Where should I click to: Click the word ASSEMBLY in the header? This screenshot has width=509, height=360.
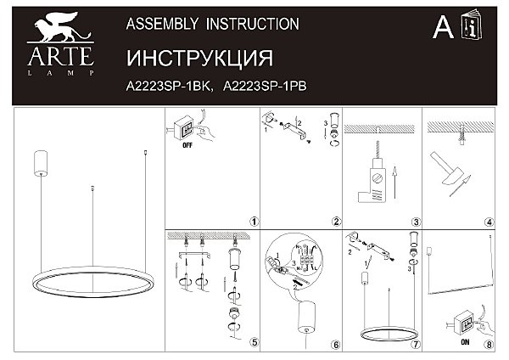click(162, 24)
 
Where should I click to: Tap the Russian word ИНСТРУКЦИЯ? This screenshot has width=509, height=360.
click(199, 59)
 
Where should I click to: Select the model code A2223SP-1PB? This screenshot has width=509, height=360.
click(265, 87)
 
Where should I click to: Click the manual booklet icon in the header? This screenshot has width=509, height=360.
click(472, 25)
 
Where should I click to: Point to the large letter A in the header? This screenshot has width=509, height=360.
click(443, 28)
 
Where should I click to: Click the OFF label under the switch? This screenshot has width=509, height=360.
click(187, 145)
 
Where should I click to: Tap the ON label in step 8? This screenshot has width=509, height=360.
click(465, 342)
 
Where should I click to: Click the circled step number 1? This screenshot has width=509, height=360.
click(255, 222)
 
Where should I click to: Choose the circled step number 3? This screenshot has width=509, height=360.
click(416, 222)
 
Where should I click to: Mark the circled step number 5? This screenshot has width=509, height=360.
click(255, 342)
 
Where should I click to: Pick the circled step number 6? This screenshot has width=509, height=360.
click(336, 345)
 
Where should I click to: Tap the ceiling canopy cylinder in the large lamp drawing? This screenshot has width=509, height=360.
click(41, 163)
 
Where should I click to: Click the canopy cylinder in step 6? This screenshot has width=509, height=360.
click(306, 317)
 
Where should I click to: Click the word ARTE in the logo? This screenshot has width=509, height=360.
click(61, 57)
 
